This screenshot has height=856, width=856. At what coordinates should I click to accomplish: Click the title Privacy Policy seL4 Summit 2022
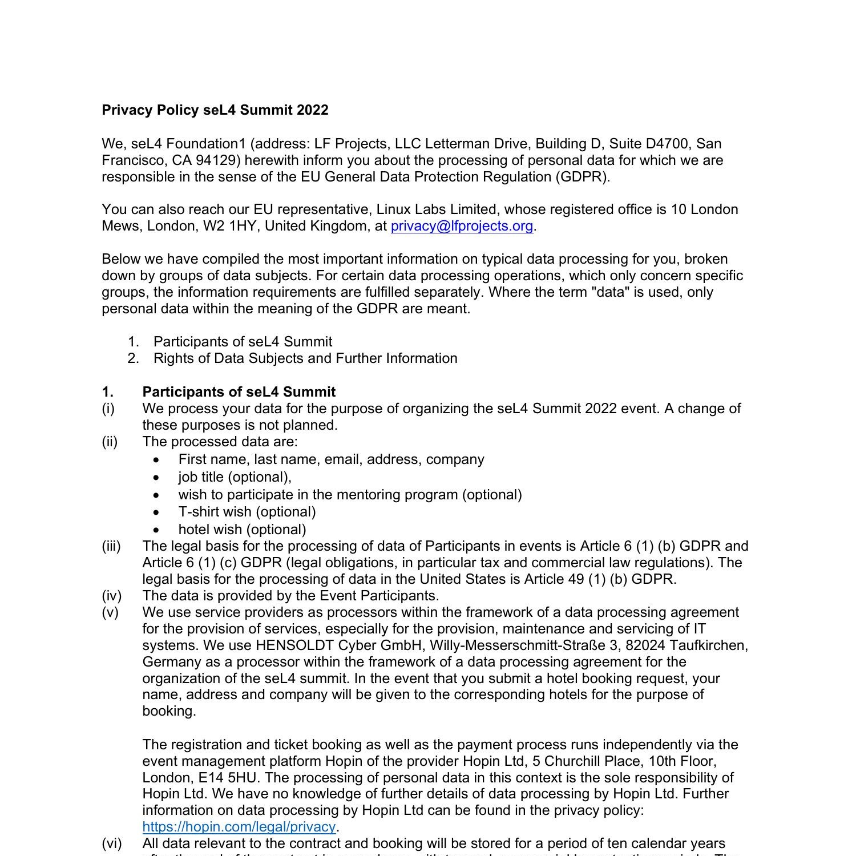(x=215, y=110)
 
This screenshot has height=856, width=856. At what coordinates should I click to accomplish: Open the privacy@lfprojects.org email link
(x=462, y=226)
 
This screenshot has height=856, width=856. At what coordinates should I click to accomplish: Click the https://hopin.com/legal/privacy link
(x=239, y=826)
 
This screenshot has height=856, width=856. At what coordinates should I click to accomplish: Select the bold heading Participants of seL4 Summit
(x=239, y=392)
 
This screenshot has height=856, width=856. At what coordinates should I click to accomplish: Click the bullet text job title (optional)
(x=235, y=477)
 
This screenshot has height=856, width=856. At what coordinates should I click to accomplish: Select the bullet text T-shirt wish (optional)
(x=247, y=512)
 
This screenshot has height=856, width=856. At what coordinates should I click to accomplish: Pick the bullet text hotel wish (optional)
(x=242, y=530)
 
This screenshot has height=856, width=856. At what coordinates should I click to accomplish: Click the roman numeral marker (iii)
(x=111, y=546)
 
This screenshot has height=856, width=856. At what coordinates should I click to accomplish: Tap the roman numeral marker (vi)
(x=111, y=843)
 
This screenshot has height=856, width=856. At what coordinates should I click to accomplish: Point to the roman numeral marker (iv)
(x=111, y=596)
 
